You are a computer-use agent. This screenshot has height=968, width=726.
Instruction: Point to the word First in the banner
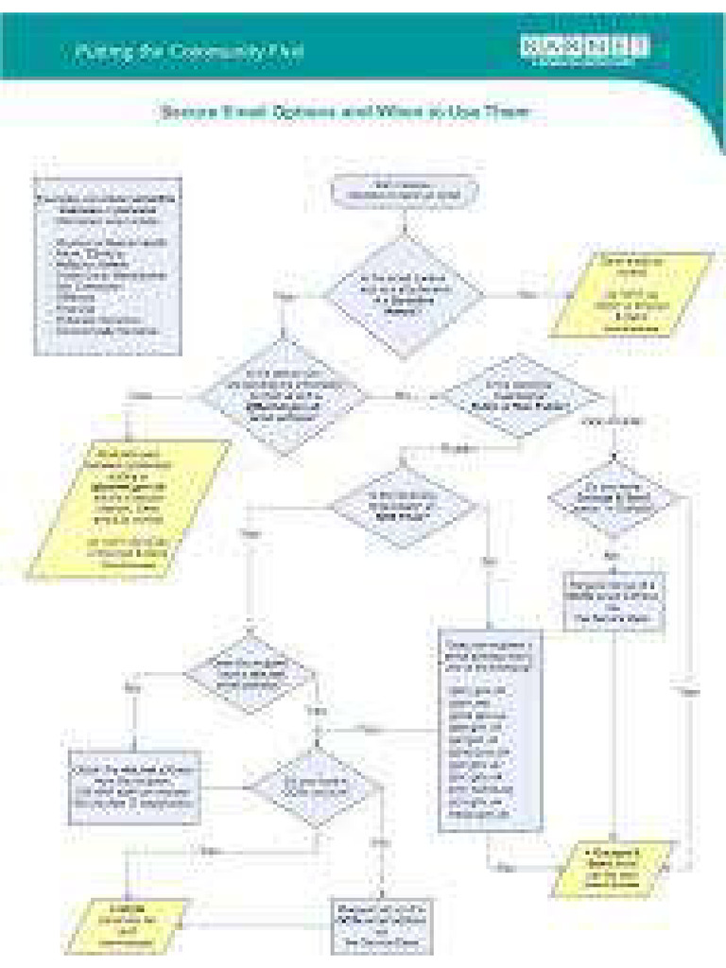[x=288, y=52]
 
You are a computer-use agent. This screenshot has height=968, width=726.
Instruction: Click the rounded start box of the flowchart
[x=404, y=191]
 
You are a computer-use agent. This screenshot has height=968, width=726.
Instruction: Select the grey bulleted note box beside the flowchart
[x=107, y=266]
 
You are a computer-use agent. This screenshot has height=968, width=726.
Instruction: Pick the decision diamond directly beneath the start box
[x=404, y=294]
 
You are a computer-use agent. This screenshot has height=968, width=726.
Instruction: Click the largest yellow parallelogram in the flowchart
[x=130, y=508]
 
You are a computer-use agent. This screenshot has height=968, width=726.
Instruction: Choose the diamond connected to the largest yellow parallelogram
[x=283, y=396]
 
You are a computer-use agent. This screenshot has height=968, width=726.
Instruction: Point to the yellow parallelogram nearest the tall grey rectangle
[x=614, y=866]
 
